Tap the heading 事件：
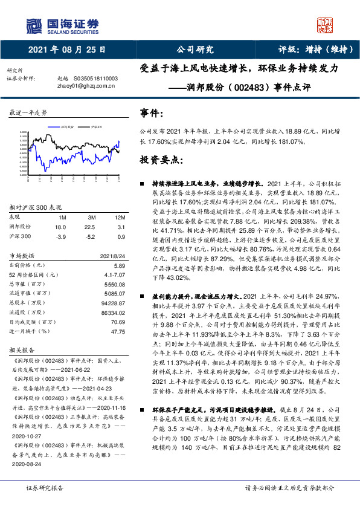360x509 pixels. tap(152, 113)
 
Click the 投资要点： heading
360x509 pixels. tap(161, 160)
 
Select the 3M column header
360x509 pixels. tap(92, 216)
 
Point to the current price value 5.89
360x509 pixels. tap(119, 265)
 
